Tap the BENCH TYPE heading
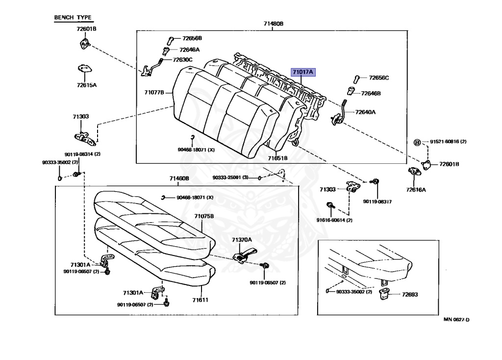click(x=73, y=18)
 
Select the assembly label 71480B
click(x=274, y=24)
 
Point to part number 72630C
click(x=183, y=60)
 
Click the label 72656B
click(x=192, y=38)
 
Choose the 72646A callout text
click(x=189, y=50)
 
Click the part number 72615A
click(x=86, y=85)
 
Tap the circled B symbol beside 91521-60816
click(x=417, y=142)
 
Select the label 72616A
click(x=416, y=189)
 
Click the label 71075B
click(x=203, y=216)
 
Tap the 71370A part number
click(x=242, y=240)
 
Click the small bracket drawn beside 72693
click(x=384, y=294)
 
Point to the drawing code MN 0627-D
click(x=456, y=320)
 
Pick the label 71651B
click(x=277, y=158)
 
